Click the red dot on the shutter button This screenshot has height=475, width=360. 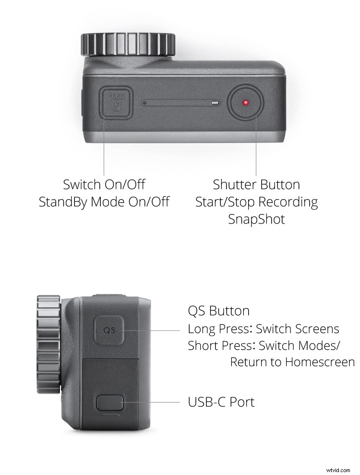point(246,103)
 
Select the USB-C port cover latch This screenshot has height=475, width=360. point(110,402)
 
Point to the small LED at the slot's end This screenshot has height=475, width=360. point(215,103)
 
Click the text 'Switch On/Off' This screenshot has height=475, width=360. point(104,184)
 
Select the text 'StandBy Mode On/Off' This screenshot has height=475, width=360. point(104,202)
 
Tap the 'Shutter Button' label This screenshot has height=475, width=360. point(256,184)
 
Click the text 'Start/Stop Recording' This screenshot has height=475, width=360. point(256,202)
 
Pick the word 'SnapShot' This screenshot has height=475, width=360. point(256,219)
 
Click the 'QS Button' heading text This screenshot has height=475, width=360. point(218,311)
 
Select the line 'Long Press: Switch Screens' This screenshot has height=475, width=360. point(263,329)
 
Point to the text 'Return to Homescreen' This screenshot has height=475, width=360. point(292,362)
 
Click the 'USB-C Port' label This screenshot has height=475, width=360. point(221,402)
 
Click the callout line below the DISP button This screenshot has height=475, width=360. point(104,146)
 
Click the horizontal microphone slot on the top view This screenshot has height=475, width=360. point(178,103)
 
